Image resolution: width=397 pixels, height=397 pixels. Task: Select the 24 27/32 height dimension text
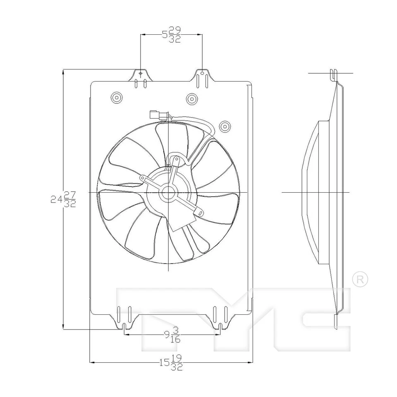pos(63,199)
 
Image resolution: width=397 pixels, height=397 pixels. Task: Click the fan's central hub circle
pos(169,192)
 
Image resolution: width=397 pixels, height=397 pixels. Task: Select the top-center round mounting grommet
pos(191,98)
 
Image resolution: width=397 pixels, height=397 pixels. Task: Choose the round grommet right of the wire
pos(225,126)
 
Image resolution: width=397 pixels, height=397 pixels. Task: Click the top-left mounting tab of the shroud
pos(141,77)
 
